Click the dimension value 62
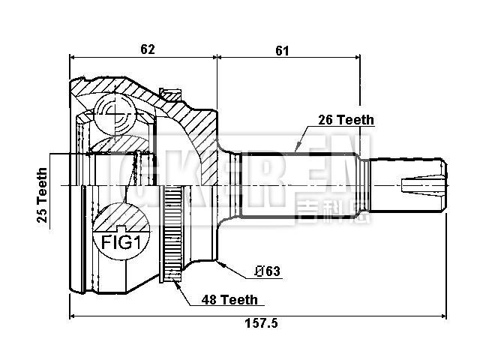(x=147, y=49)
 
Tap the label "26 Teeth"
(x=345, y=119)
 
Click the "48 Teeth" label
(x=229, y=299)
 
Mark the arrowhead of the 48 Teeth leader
(x=176, y=283)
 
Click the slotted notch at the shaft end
(x=423, y=184)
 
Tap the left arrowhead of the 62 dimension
(x=73, y=56)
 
